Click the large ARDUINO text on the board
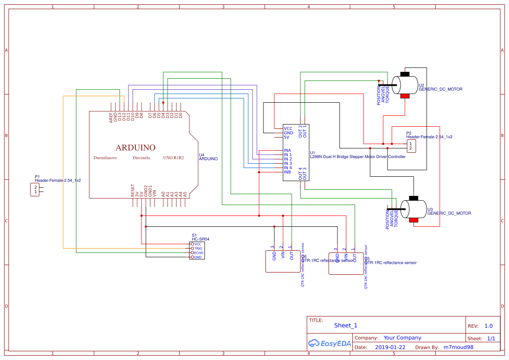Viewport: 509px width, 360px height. [135, 148]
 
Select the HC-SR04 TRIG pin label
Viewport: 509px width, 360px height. [199, 249]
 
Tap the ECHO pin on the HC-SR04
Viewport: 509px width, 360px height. [199, 253]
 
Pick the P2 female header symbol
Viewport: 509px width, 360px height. [411, 146]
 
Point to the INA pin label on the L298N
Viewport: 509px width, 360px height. [287, 151]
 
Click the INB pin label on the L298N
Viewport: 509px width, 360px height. [287, 172]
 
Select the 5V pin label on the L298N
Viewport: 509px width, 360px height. [287, 138]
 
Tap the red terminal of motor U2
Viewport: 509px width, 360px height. [405, 96]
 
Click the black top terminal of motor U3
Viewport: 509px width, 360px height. [414, 198]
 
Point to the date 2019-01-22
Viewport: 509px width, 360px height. [390, 347]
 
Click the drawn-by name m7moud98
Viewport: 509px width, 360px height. [458, 347]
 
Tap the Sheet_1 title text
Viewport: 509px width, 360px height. [346, 326]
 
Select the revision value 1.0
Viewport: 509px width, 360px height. [489, 326]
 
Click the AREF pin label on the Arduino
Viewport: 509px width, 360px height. [111, 117]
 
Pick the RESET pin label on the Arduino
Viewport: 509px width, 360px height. [133, 191]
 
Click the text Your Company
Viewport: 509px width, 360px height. [402, 338]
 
